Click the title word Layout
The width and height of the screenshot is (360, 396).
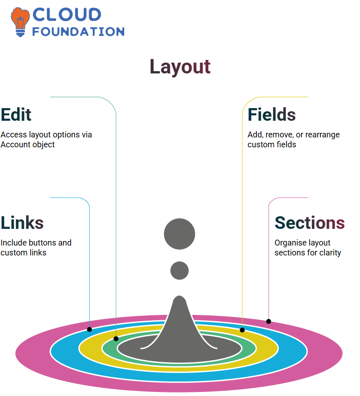180,67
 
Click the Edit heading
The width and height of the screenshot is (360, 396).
16,115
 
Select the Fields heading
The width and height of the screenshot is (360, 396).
272,115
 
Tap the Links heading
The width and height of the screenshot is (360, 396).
22,223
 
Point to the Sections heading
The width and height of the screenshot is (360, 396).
310,223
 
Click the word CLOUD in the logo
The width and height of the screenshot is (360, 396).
67,15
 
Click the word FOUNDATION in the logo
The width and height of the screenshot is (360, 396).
78,32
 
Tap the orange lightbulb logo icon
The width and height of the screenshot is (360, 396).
20,22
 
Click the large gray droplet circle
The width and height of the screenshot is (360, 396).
180,234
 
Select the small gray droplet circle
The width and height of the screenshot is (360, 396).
180,270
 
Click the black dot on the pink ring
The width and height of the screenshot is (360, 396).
269,322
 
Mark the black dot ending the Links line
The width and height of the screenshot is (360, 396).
89,329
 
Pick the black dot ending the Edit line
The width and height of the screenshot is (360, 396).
116,339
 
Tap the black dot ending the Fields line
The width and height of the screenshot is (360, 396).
242,330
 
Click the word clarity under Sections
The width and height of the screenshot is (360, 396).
330,253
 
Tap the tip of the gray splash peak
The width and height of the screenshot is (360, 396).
180,296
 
